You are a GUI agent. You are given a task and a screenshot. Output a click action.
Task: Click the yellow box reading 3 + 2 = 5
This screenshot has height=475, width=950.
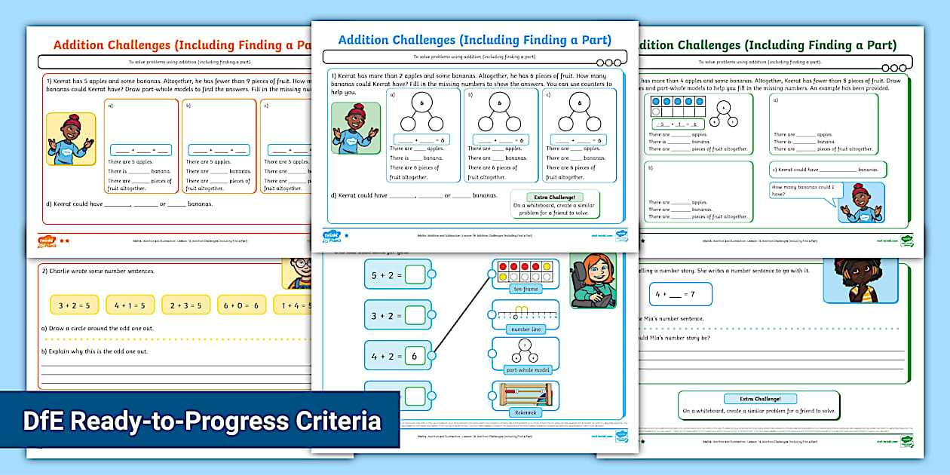pyautogui.click(x=74, y=305)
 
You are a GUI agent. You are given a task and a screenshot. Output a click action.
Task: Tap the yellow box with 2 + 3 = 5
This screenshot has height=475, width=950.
pyautogui.click(x=185, y=305)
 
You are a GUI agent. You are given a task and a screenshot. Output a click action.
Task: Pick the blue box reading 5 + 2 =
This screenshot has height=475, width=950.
pyautogui.click(x=397, y=274)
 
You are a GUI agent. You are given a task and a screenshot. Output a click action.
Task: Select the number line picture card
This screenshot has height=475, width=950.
pyautogui.click(x=526, y=315)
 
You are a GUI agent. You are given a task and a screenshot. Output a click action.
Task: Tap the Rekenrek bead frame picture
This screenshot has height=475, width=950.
pyautogui.click(x=526, y=397)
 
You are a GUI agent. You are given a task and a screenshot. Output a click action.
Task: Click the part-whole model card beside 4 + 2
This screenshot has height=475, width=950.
pyautogui.click(x=526, y=354)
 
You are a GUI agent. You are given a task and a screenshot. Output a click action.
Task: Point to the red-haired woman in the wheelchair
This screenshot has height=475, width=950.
pyautogui.click(x=593, y=280)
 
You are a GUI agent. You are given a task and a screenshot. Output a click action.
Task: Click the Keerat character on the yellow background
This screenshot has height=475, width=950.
pyautogui.click(x=70, y=139)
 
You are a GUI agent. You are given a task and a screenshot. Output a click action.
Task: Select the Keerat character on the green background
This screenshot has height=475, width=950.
pyautogui.click(x=356, y=128)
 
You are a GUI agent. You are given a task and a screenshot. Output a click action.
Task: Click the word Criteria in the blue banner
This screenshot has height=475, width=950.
pyautogui.click(x=332, y=421)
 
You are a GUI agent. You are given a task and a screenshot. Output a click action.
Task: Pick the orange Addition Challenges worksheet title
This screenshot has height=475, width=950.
pyautogui.click(x=181, y=45)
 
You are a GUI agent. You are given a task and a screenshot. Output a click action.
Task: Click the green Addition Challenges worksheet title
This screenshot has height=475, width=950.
pyautogui.click(x=765, y=45)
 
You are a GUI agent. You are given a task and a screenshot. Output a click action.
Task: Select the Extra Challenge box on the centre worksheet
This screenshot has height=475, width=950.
pyautogui.click(x=556, y=204)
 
